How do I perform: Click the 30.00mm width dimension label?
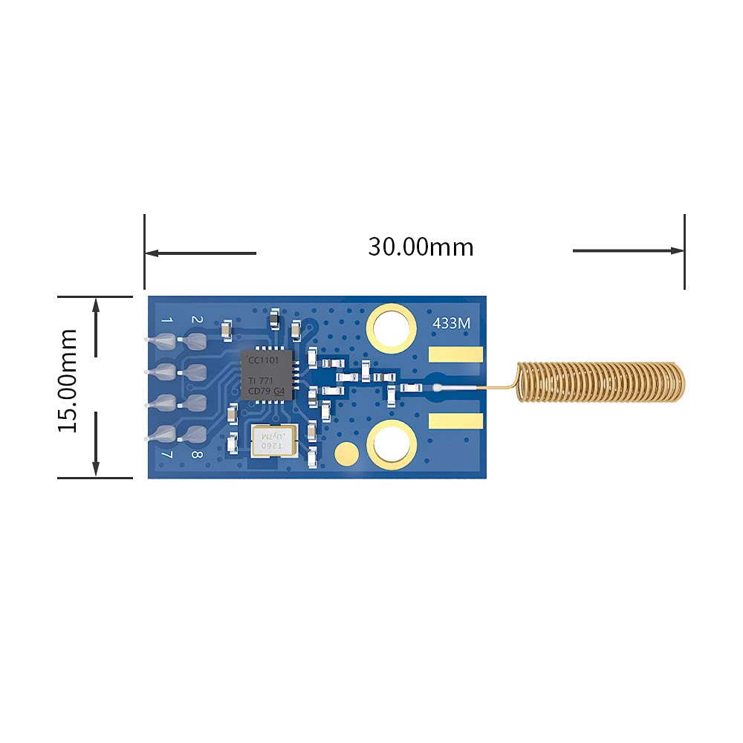coord(421,247)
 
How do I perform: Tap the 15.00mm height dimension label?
coord(68,380)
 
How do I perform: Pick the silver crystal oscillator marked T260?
coord(273,441)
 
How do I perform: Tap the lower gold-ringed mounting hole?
coord(391,445)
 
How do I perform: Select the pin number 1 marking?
coord(167,320)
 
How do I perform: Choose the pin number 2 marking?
coord(197,319)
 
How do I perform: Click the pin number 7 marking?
coord(167,455)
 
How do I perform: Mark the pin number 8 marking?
coord(196,455)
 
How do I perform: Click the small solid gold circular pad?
coord(346,451)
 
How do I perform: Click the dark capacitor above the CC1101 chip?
coord(275,319)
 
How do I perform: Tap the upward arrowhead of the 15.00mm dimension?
coord(96,304)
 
